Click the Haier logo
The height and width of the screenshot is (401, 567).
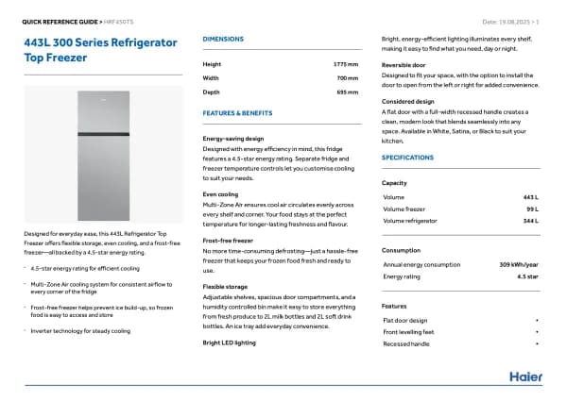(x=525, y=376)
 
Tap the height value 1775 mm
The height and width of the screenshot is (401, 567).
(x=345, y=63)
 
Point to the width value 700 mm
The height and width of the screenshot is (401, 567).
(x=347, y=77)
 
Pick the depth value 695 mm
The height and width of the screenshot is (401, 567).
(x=347, y=92)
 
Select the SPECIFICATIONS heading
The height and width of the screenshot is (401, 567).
(x=407, y=157)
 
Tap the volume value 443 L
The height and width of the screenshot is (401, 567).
(x=529, y=196)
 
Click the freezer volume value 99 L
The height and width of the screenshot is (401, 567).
(x=531, y=209)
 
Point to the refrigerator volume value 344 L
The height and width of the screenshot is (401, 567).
(x=529, y=220)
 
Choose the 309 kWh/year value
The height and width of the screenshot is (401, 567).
(x=519, y=264)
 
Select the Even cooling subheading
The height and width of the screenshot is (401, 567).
(x=220, y=193)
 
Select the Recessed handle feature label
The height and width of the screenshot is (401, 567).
(x=407, y=343)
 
